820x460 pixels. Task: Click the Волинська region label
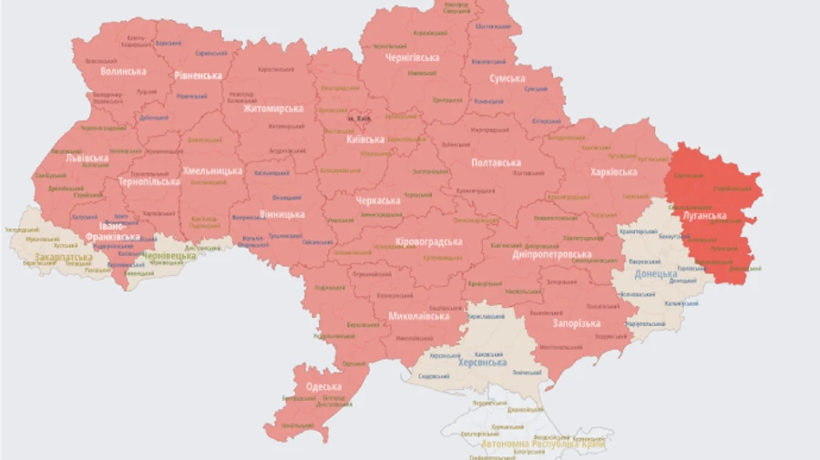pyautogui.click(x=123, y=71)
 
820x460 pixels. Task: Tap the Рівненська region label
pyautogui.click(x=199, y=76)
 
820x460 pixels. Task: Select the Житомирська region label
pyautogui.click(x=273, y=108)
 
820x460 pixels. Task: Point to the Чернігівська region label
pyautogui.click(x=412, y=57)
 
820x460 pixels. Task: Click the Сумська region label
pyautogui.click(x=507, y=79)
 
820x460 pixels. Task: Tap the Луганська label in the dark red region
pyautogui.click(x=704, y=216)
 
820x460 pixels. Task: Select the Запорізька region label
pyautogui.click(x=576, y=323)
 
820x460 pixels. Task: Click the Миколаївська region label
pyautogui.click(x=419, y=317)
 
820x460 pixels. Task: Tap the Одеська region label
pyautogui.click(x=323, y=387)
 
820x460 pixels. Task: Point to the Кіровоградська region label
pyautogui.click(x=429, y=242)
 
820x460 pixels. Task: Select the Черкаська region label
pyautogui.click(x=377, y=200)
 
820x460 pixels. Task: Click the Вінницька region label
pyautogui.click(x=281, y=214)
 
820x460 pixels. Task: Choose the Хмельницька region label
pyautogui.click(x=212, y=170)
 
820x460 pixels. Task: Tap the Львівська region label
pyautogui.click(x=87, y=158)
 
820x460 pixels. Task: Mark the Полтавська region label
pyautogui.click(x=496, y=162)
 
